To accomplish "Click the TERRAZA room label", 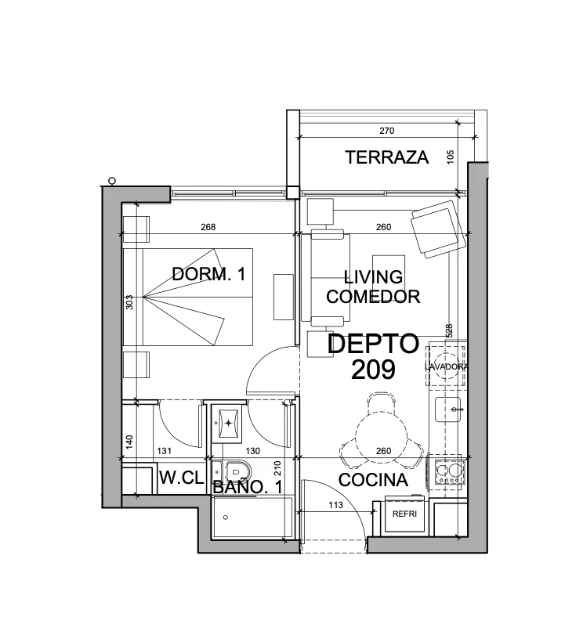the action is pyautogui.click(x=386, y=157).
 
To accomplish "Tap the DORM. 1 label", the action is pyautogui.click(x=208, y=274).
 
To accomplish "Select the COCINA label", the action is pyautogui.click(x=373, y=480).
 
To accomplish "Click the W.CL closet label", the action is pyautogui.click(x=181, y=477).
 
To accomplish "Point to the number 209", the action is pyautogui.click(x=373, y=370).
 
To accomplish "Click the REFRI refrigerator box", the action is pyautogui.click(x=404, y=514).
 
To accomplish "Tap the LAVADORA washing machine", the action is pyautogui.click(x=446, y=366).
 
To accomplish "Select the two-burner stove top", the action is pyautogui.click(x=450, y=472).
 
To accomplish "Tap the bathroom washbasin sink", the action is pyautogui.click(x=228, y=423).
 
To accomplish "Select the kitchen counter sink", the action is pyautogui.click(x=448, y=409).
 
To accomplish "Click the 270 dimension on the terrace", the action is pyautogui.click(x=386, y=131).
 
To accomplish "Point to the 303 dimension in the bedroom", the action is pyautogui.click(x=129, y=302).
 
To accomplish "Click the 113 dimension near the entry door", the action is pyautogui.click(x=335, y=505).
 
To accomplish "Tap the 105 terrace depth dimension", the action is pyautogui.click(x=450, y=157).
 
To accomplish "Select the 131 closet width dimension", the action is pyautogui.click(x=164, y=451).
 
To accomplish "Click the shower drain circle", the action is pyautogui.click(x=226, y=518).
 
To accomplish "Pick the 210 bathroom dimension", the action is pyautogui.click(x=277, y=468).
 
